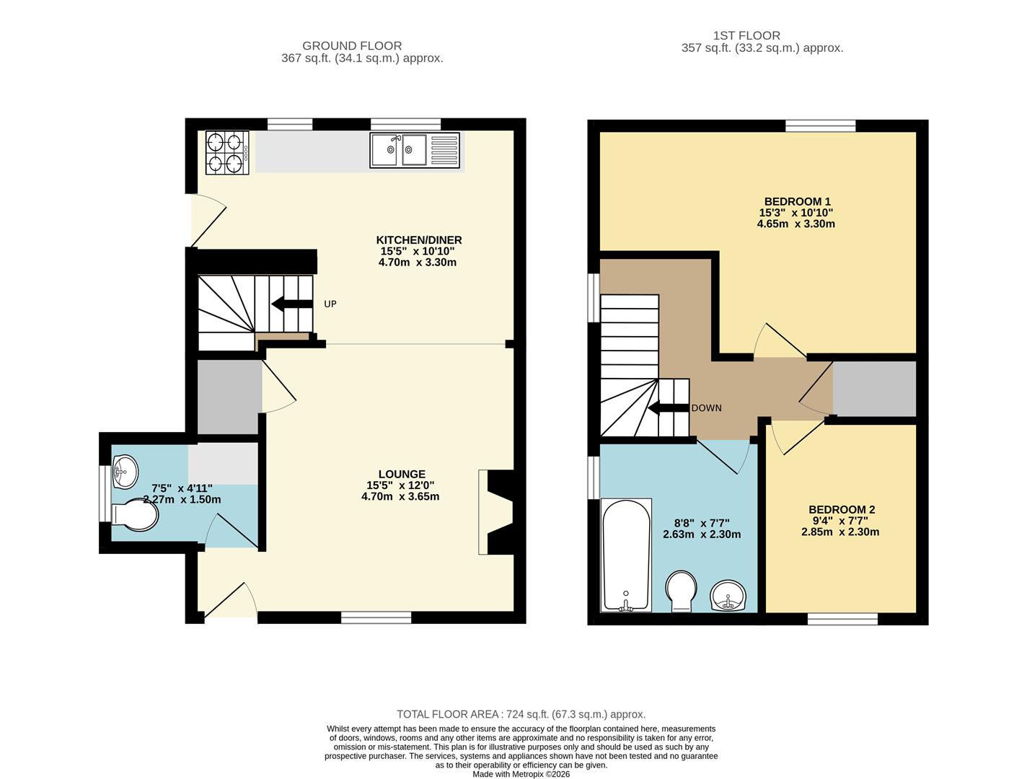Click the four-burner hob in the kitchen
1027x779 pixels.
coord(226,152)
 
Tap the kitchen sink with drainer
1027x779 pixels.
coord(414,150)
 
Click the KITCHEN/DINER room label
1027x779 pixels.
coord(418,240)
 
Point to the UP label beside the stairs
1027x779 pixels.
coord(330,304)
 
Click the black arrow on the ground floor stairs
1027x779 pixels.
coord(291,304)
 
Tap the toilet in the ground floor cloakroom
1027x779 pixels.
coord(136,516)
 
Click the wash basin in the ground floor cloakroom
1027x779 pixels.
coord(124,470)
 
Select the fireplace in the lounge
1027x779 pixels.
coord(496,512)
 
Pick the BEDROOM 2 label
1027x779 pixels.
coord(841,509)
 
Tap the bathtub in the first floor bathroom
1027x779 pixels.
coord(625,554)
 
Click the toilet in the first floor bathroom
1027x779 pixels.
coord(681,590)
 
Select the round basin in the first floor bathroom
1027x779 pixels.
coord(730,596)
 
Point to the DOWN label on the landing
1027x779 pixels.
coord(706,408)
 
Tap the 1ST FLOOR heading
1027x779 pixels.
coord(746,35)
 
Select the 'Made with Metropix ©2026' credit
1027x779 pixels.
coord(521,774)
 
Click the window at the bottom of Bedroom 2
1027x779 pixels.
coord(842,619)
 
